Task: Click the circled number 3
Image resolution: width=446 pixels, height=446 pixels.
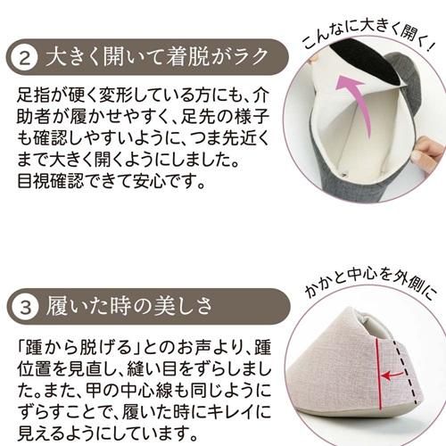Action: coord(25,307)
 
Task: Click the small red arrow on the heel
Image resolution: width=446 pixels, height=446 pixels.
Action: coord(392,376)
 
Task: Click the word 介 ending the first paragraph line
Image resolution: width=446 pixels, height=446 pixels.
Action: coord(261,95)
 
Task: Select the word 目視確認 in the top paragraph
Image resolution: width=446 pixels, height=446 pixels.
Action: coord(50,180)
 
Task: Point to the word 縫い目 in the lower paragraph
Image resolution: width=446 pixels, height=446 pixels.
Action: coord(153,368)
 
